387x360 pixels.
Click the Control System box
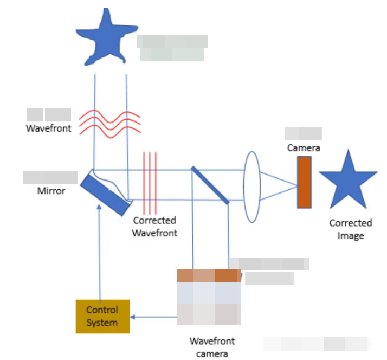pyautogui.click(x=102, y=316)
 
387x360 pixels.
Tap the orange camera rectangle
pyautogui.click(x=305, y=182)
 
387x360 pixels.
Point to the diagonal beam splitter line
pyautogui.click(x=210, y=184)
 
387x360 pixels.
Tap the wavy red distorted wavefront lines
pyautogui.click(x=111, y=121)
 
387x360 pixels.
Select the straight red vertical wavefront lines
pyautogui.click(x=150, y=183)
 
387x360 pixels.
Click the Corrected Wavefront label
pyautogui.click(x=155, y=227)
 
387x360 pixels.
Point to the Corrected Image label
pyautogui.click(x=350, y=229)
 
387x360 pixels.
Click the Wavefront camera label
pyautogui.click(x=212, y=348)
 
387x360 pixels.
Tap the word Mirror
pyautogui.click(x=51, y=191)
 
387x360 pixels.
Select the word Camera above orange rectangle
pyautogui.click(x=304, y=147)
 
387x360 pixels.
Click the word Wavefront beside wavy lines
pyautogui.click(x=49, y=129)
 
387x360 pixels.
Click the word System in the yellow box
pyautogui.click(x=102, y=323)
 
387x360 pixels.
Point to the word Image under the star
pyautogui.click(x=350, y=235)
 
